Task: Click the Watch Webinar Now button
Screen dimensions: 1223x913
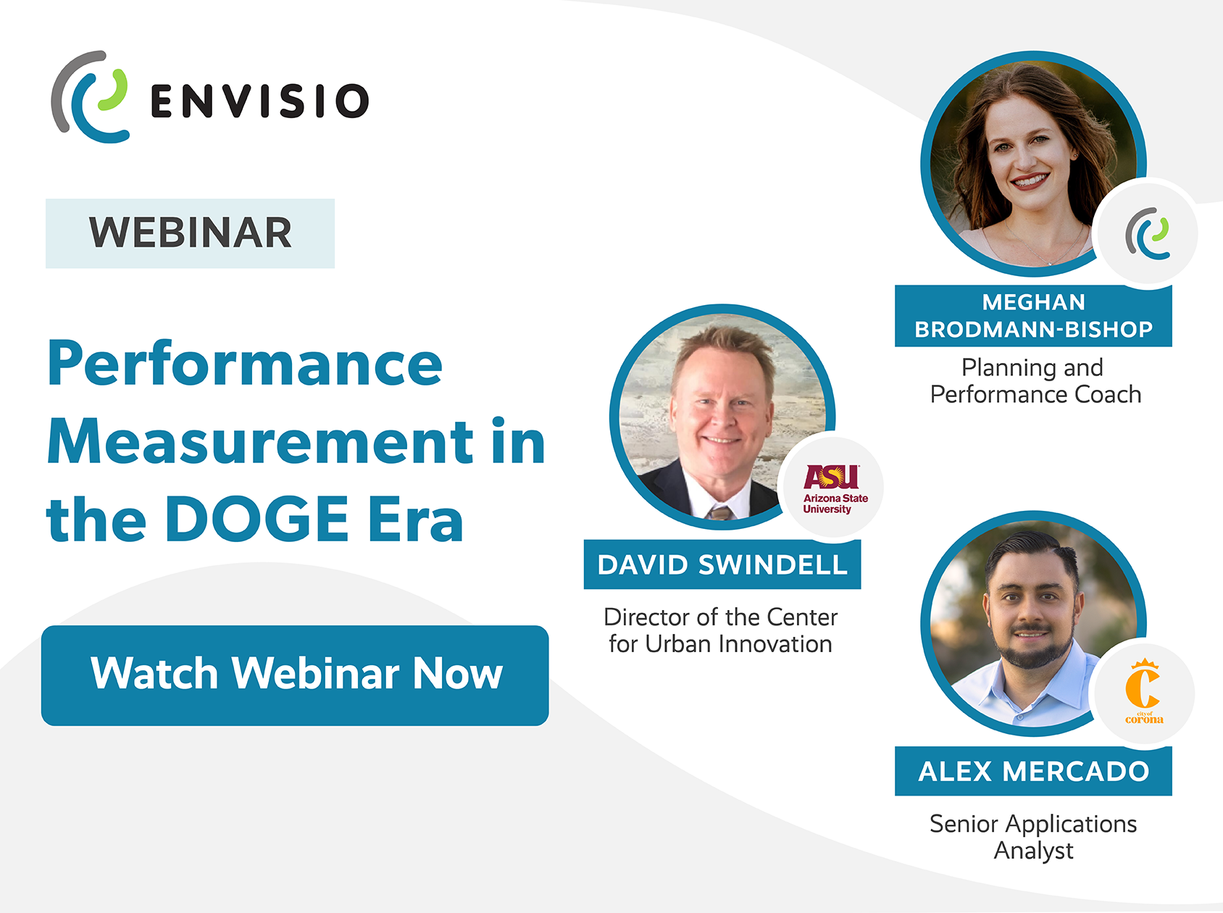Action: (x=295, y=675)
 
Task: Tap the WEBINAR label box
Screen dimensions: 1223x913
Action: (x=190, y=233)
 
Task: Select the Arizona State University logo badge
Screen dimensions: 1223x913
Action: (x=834, y=488)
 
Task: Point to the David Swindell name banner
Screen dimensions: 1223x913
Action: (x=722, y=564)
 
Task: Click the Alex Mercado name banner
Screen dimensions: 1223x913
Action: (x=1033, y=771)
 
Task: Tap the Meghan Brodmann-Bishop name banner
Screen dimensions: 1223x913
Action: (x=1033, y=316)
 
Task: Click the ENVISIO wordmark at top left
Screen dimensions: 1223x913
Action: (x=260, y=101)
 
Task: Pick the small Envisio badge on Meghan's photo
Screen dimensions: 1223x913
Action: (x=1148, y=233)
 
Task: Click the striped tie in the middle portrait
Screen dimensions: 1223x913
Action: (x=720, y=514)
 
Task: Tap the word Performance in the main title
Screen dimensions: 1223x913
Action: (x=245, y=364)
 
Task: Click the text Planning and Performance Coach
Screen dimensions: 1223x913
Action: (x=1035, y=381)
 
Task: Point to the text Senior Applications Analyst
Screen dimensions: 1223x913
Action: (x=1033, y=837)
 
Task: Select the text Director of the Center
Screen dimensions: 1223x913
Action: (x=720, y=617)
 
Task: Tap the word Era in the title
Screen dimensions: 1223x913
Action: (x=416, y=519)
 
